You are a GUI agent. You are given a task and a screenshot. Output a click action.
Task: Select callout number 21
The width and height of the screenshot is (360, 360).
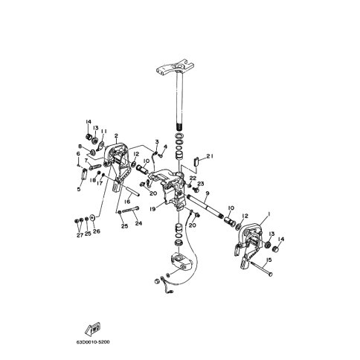(x=210, y=156)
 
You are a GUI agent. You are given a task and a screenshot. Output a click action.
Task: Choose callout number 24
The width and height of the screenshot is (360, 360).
(x=138, y=222)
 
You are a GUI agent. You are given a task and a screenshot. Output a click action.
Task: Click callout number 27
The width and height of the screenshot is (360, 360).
(x=79, y=235)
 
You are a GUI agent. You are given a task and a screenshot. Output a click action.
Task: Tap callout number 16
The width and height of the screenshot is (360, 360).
(x=128, y=202)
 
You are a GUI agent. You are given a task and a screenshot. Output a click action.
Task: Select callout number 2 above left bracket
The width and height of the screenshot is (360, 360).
(x=117, y=136)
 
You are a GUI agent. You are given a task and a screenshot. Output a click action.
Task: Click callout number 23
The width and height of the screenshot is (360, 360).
(x=200, y=184)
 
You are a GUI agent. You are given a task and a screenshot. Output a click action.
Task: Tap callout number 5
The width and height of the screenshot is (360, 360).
(x=78, y=189)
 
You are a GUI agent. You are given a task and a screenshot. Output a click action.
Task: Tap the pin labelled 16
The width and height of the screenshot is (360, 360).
(x=125, y=189)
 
